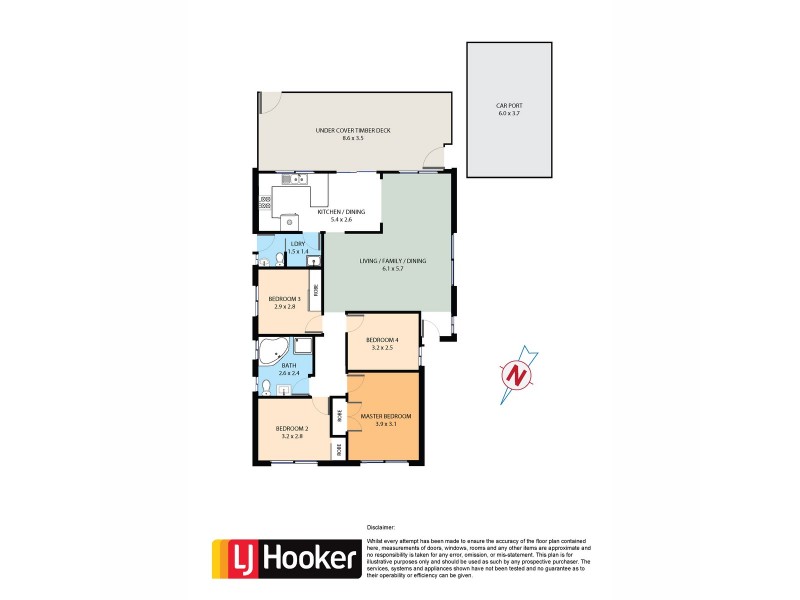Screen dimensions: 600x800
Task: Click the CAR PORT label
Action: point(509,105)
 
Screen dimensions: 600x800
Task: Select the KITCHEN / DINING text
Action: point(340,213)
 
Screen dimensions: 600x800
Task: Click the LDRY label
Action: point(297,244)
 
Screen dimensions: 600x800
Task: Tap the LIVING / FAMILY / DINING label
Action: point(393,261)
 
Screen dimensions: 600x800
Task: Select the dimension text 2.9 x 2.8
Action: point(285,307)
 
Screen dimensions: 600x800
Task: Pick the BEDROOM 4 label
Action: point(382,340)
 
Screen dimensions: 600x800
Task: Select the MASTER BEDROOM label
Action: point(386,415)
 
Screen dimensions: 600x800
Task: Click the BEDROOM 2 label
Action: point(292,429)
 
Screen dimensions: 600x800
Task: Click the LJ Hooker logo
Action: point(285,559)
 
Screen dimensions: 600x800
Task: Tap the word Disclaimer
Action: point(381,526)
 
